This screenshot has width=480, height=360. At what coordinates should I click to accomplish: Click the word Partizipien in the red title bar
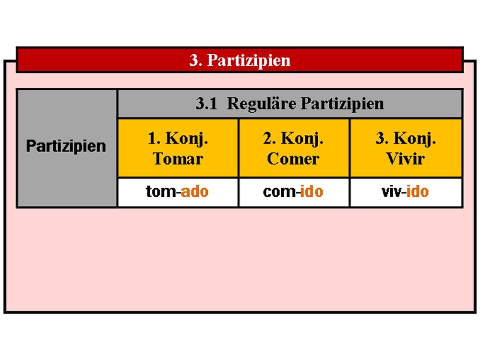(249, 60)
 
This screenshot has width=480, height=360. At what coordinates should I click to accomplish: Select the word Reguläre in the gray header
(262, 104)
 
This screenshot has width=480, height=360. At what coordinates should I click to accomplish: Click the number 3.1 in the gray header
(206, 103)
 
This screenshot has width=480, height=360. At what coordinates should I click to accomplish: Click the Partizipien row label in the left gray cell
(66, 146)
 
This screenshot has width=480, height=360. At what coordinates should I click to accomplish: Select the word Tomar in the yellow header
(178, 158)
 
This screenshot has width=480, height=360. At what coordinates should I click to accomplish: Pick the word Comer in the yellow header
(293, 158)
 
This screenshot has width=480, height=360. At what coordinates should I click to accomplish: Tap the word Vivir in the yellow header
(405, 158)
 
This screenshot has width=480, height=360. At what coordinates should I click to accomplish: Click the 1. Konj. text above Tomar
(178, 139)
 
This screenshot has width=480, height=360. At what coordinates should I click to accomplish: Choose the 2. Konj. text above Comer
(293, 139)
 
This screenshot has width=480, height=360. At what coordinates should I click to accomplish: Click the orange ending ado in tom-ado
(195, 192)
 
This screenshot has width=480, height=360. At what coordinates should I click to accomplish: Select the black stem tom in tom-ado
(161, 192)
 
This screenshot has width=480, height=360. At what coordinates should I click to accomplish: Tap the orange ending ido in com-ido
(312, 192)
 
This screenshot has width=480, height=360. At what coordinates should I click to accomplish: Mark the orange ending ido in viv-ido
(418, 192)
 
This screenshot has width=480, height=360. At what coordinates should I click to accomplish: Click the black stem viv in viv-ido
(391, 192)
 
